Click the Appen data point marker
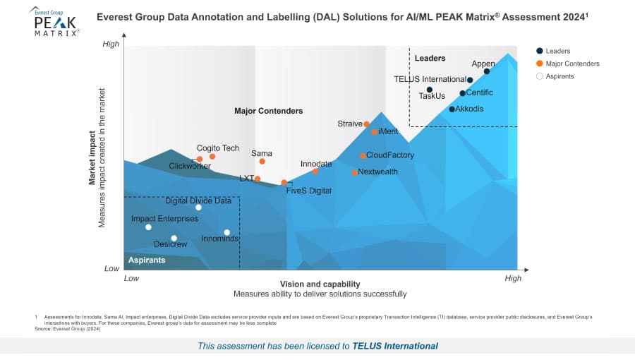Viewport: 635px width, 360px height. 487,71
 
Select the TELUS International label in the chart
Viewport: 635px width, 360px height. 430,80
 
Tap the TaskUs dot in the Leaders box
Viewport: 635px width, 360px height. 429,90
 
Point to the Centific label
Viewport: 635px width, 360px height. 480,92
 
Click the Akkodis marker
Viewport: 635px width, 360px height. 452,109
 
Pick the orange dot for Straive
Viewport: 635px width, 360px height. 366,125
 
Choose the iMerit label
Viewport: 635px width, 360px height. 389,131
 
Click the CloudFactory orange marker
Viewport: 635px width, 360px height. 363,156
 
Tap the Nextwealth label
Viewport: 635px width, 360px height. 377,172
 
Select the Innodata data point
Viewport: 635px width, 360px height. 315,172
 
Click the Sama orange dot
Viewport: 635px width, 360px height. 262,162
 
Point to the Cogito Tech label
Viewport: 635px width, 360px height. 217,148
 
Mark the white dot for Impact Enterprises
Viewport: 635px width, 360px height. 148,227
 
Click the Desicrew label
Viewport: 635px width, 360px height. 170,244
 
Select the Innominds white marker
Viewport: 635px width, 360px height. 226,232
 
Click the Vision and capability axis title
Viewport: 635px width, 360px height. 320,284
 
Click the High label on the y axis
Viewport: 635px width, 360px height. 111,44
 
